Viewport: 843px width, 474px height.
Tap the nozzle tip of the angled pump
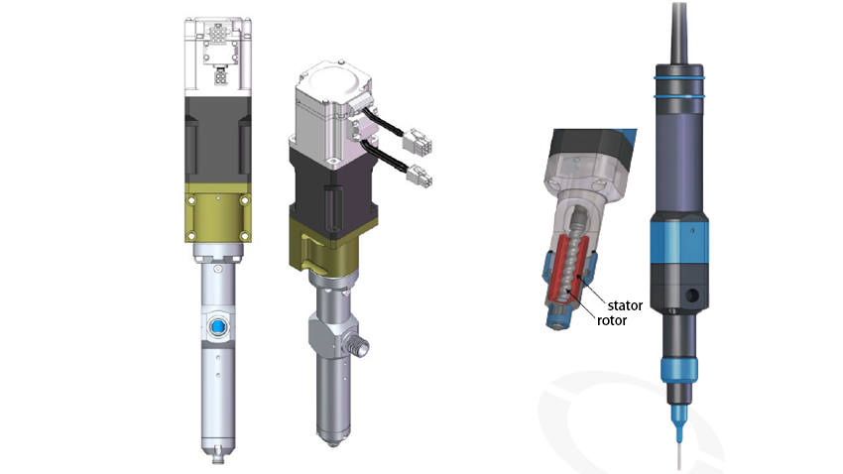331,436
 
